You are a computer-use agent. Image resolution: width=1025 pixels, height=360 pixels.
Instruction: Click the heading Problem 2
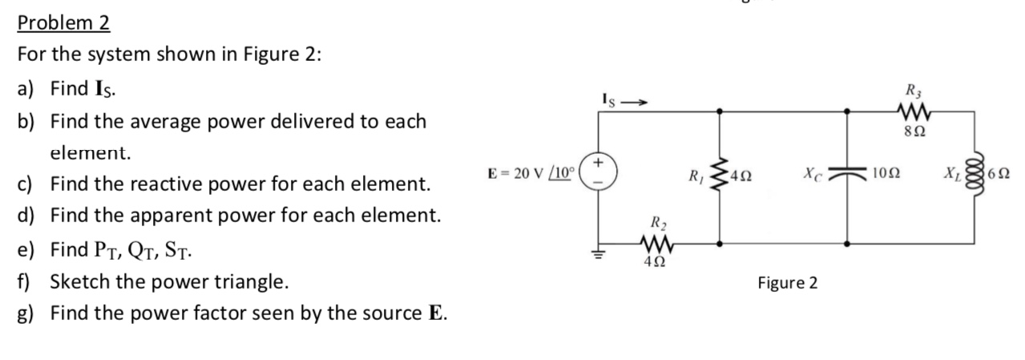(x=63, y=22)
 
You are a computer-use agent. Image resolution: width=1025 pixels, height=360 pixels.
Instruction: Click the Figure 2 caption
(x=787, y=283)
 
